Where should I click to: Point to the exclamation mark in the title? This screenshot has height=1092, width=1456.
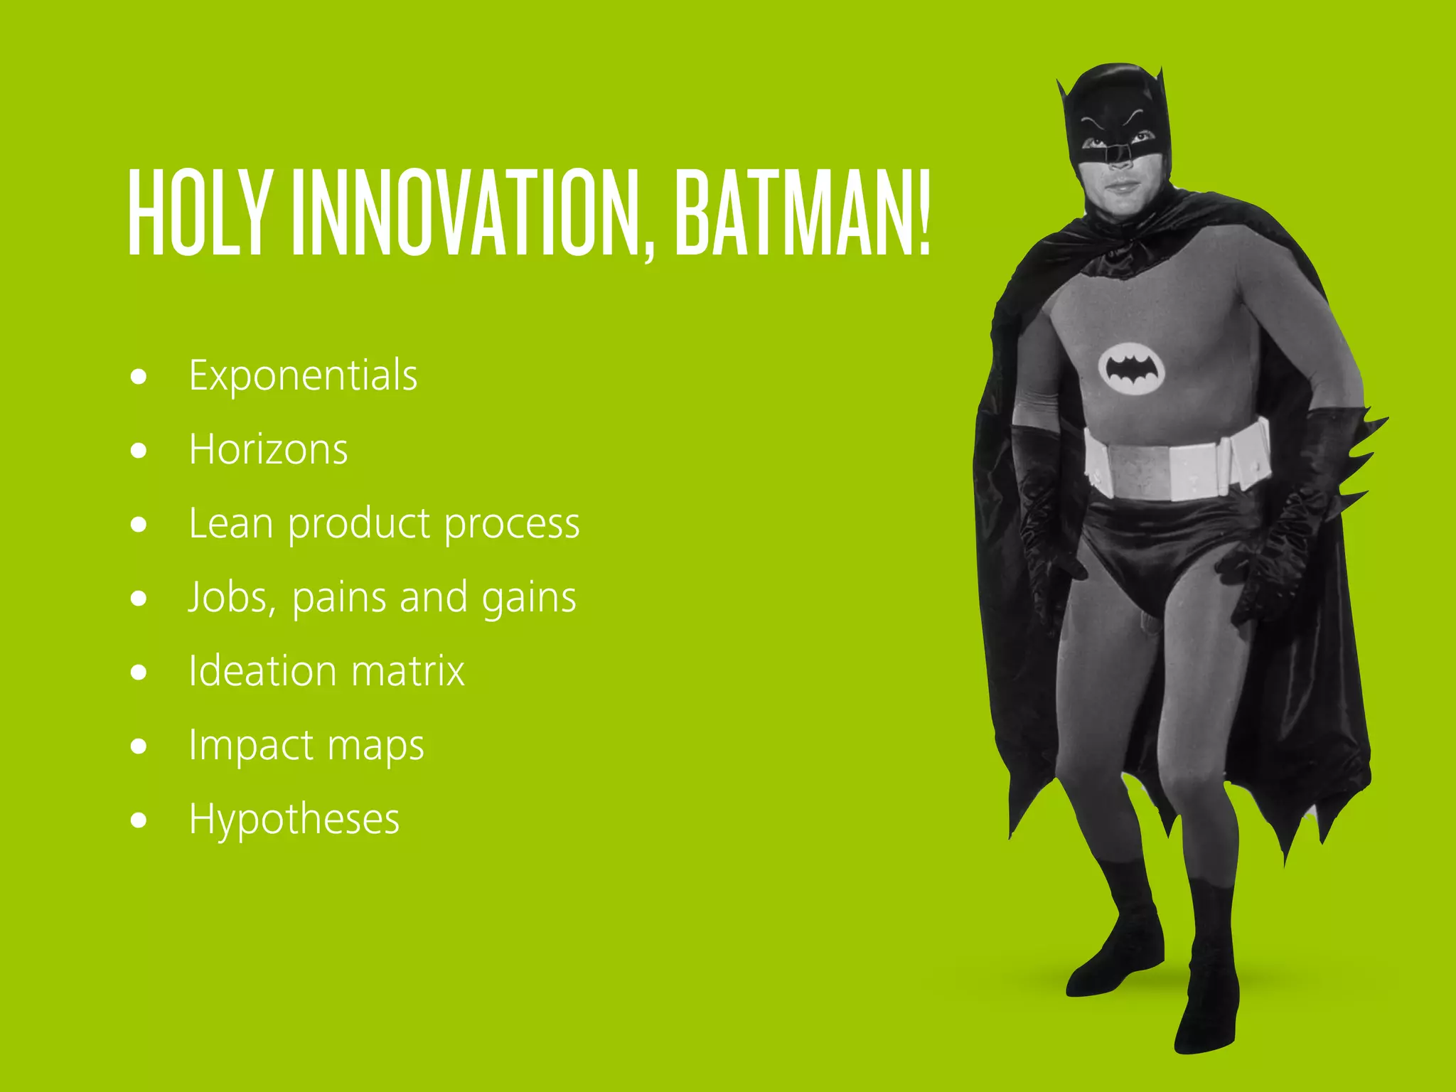pos(924,213)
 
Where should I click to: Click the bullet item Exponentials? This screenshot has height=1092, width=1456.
pos(303,375)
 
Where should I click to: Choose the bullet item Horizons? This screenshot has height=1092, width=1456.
pos(268,449)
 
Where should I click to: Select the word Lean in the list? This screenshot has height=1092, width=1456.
pos(230,523)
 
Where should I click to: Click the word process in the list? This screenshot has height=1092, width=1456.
pos(512,525)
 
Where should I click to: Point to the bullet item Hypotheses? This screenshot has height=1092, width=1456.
pos(294,820)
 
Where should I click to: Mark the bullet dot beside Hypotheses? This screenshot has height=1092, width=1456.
pos(139,820)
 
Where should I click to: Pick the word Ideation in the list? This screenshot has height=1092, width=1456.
pos(262,671)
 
